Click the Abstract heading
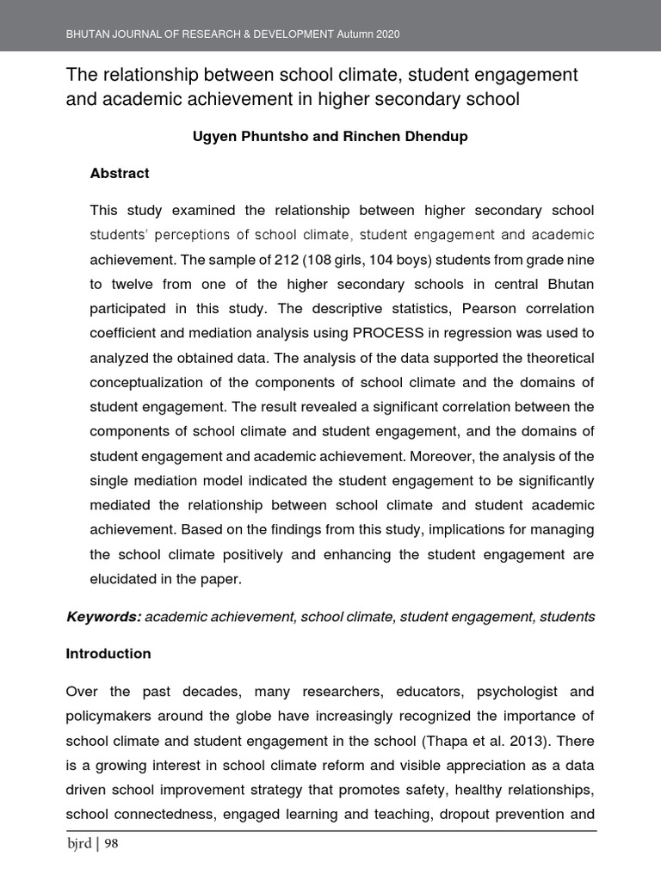point(120,173)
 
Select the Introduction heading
point(108,654)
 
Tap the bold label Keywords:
point(103,617)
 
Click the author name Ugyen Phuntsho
point(248,137)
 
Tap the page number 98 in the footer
point(111,844)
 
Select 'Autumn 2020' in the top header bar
point(368,34)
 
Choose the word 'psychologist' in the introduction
point(502,692)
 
